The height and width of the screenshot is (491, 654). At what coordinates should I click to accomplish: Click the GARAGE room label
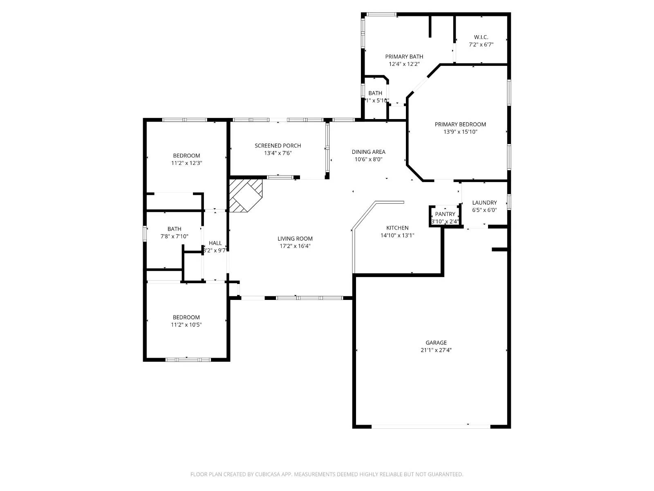[x=436, y=343]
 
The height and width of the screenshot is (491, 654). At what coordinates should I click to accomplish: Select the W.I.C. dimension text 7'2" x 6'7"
[x=481, y=45]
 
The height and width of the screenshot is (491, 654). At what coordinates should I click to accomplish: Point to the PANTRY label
[x=445, y=214]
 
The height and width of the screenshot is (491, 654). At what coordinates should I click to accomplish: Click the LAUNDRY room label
[x=484, y=203]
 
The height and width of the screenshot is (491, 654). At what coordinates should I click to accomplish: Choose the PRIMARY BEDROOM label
[x=460, y=124]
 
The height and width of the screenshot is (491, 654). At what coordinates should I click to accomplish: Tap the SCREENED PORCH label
[x=278, y=146]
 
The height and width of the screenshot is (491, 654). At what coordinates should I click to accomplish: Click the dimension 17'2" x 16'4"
[x=295, y=246]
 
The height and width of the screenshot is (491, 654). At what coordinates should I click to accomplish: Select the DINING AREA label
[x=368, y=152]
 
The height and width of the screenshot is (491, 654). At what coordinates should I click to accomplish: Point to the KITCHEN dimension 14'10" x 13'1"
[x=397, y=235]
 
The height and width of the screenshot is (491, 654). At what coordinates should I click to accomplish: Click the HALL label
[x=215, y=243]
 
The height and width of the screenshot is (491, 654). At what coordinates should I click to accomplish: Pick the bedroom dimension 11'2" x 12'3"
[x=186, y=163]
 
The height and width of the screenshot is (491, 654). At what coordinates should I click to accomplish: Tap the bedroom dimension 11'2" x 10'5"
[x=186, y=324]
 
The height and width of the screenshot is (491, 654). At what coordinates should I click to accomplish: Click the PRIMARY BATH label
[x=404, y=56]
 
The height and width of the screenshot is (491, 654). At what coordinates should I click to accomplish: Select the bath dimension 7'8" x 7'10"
[x=174, y=236]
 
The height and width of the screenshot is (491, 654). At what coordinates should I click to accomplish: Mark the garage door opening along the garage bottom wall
[x=431, y=426]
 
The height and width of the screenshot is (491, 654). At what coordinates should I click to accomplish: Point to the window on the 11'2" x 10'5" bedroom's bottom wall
[x=188, y=360]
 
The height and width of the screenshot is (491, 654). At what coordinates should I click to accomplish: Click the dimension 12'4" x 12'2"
[x=404, y=64]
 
